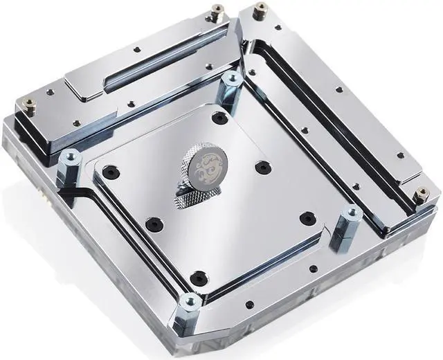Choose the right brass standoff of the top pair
[x=261, y=11]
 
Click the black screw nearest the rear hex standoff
[x=220, y=118]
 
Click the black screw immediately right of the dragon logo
[x=261, y=168]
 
